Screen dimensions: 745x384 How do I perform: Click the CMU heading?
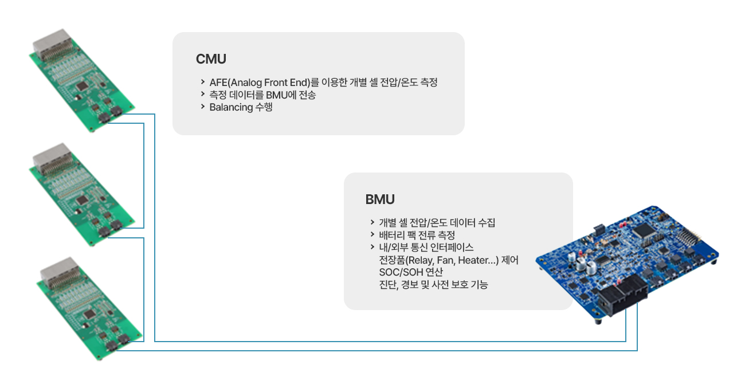(211, 59)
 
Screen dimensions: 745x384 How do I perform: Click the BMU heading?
(380, 199)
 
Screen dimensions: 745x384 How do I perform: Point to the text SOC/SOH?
(401, 272)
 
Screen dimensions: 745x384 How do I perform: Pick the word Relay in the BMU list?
(419, 260)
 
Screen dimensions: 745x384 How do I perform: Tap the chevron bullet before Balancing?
(202, 107)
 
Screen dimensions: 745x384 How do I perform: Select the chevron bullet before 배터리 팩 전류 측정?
(372, 234)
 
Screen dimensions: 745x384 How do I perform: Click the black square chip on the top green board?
(82, 86)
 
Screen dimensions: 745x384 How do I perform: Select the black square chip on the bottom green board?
(89, 314)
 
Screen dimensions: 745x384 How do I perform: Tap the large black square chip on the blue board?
(644, 230)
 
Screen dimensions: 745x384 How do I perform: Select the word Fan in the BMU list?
(445, 260)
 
